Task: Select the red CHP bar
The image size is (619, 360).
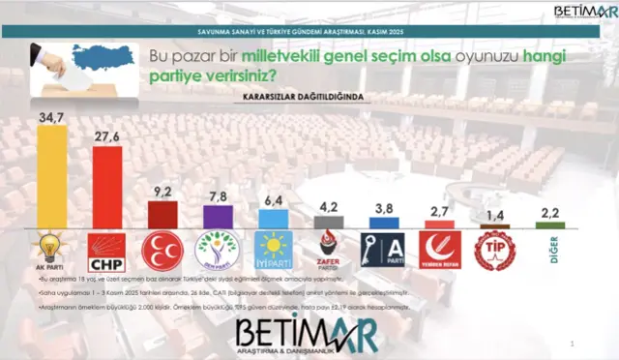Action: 106,188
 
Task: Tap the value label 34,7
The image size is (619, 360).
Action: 51,115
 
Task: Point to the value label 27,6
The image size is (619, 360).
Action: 106,137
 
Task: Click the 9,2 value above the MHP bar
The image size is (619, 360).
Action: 162,192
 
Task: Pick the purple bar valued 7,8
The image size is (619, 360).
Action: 217,217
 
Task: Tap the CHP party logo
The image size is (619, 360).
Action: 106,251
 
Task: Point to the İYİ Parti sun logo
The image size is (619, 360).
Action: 272,251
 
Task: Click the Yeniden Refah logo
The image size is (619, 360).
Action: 438,251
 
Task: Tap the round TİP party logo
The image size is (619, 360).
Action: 493,251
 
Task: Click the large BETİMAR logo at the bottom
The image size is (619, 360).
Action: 306,331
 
